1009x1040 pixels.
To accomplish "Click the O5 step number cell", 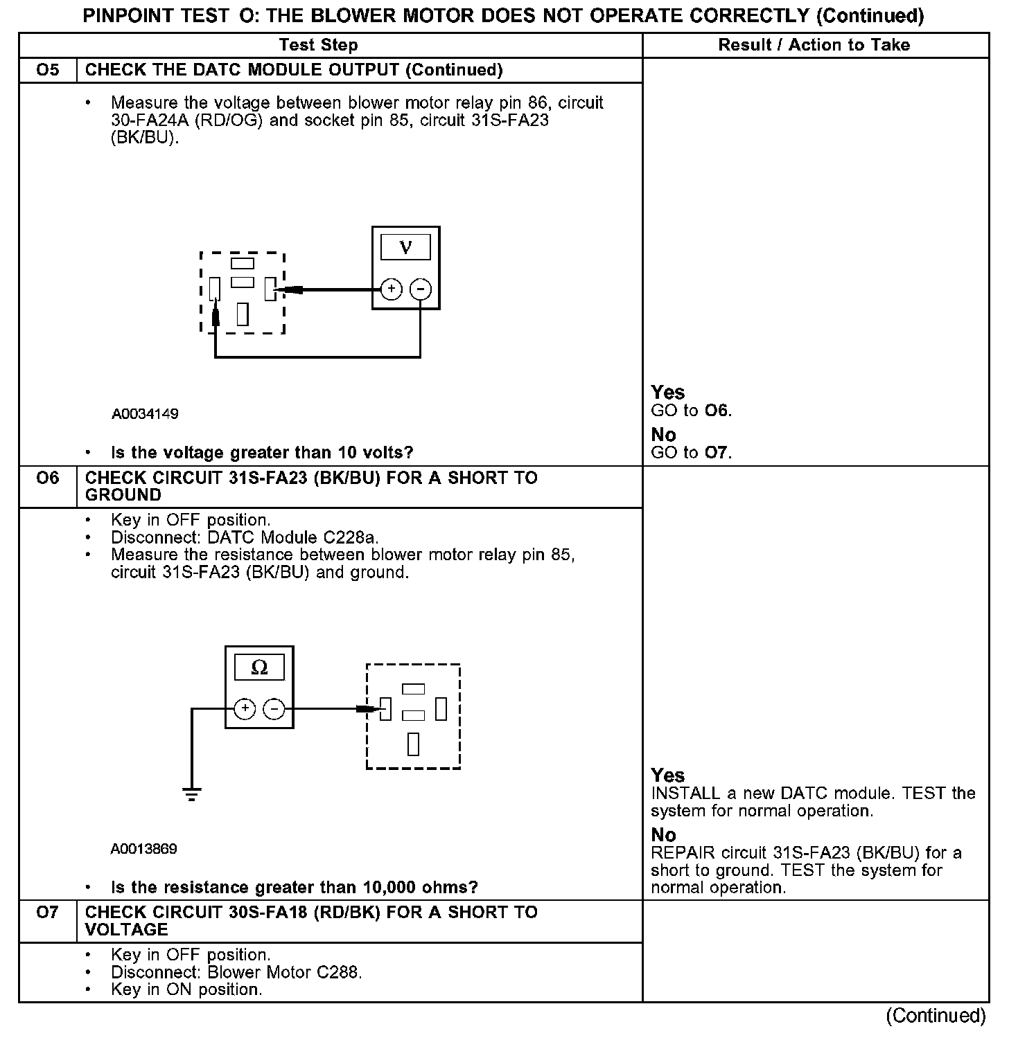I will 48,70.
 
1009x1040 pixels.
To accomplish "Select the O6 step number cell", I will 48,478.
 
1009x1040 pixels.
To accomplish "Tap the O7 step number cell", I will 48,913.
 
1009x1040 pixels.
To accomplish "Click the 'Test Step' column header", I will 319,45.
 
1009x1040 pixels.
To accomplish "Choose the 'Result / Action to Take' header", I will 814,45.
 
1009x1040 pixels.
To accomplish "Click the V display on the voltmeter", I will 406,247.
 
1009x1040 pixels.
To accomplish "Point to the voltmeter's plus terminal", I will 392,289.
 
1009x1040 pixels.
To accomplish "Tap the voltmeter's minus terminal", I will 421,289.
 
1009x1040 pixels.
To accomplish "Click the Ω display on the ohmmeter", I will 259,667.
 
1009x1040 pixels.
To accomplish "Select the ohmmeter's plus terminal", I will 245,708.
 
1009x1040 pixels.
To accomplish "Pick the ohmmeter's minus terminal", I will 274,708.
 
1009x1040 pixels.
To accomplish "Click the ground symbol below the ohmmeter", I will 192,794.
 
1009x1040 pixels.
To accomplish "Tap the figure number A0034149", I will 145,414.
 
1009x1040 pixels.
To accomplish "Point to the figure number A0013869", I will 143,849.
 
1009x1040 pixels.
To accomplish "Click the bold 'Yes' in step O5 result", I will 668,393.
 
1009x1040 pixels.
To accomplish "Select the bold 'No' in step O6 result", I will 663,835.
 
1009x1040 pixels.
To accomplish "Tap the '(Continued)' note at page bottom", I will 936,1016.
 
